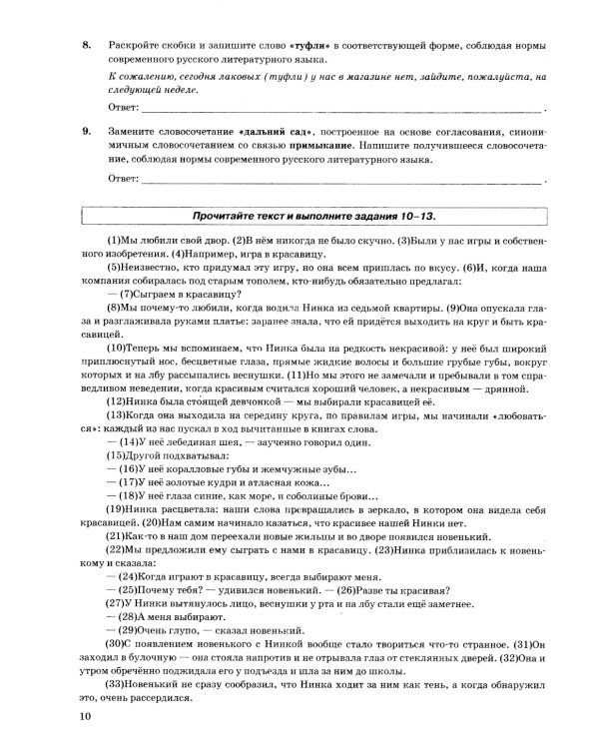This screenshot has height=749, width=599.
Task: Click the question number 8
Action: [87, 47]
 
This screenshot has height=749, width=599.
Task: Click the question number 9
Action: [87, 130]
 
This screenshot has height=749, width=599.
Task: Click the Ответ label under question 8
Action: [121, 106]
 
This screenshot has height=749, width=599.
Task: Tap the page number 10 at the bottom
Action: [86, 717]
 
